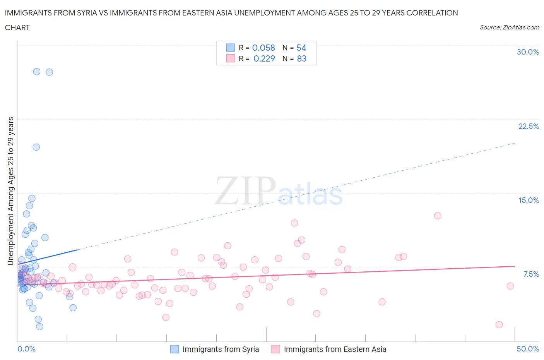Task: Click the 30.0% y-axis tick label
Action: pos(528,52)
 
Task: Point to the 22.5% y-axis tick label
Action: pos(529,126)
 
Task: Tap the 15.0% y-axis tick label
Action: pos(529,200)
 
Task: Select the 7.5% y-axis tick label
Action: pos(531,274)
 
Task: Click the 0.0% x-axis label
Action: pos(26,349)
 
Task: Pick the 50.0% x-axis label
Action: pos(528,349)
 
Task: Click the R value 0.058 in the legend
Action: pos(263,48)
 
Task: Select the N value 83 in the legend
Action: pos(301,58)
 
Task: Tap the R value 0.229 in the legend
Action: pos(264,58)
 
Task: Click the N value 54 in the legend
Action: pos(301,48)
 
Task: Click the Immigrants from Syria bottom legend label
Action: pos(221,349)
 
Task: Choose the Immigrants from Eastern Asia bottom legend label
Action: pos(335,349)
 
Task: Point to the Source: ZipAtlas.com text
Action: pos(509,27)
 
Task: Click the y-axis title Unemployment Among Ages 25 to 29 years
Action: pos(11,191)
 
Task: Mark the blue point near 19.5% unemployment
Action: pos(36,147)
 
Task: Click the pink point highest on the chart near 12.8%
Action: pos(438,216)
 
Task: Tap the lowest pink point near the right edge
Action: pos(499,325)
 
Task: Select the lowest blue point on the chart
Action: pos(39,327)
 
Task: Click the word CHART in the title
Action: pos(17,27)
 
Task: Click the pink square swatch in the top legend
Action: pos(231,58)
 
